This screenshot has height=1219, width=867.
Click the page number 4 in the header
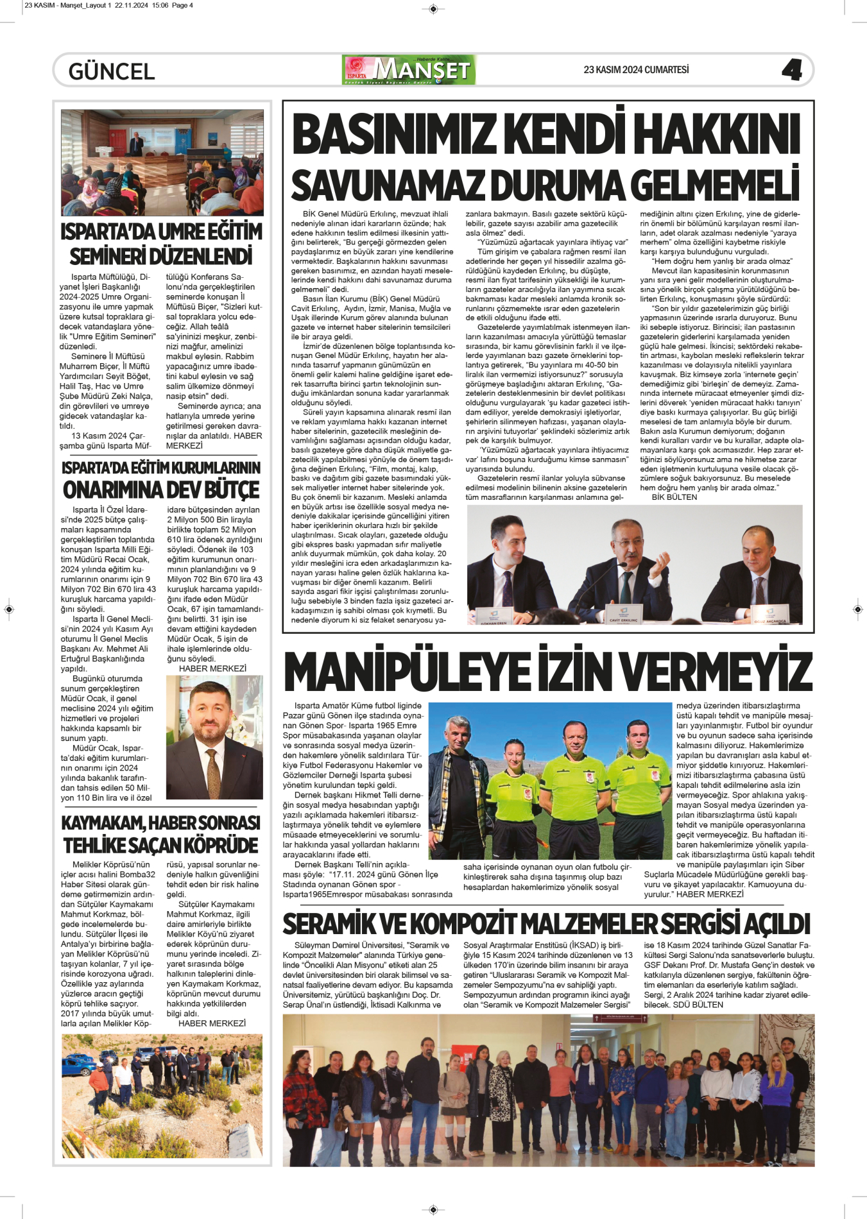click(x=792, y=70)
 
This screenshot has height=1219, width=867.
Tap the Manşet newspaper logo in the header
click(x=409, y=70)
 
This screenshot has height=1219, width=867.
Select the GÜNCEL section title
click(x=112, y=71)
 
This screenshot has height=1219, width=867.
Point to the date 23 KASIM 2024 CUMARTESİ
click(x=635, y=69)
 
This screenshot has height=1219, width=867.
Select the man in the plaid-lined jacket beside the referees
click(x=457, y=796)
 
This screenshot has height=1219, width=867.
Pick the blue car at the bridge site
click(x=76, y=1066)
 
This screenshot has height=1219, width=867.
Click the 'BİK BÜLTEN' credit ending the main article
click(x=674, y=497)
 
